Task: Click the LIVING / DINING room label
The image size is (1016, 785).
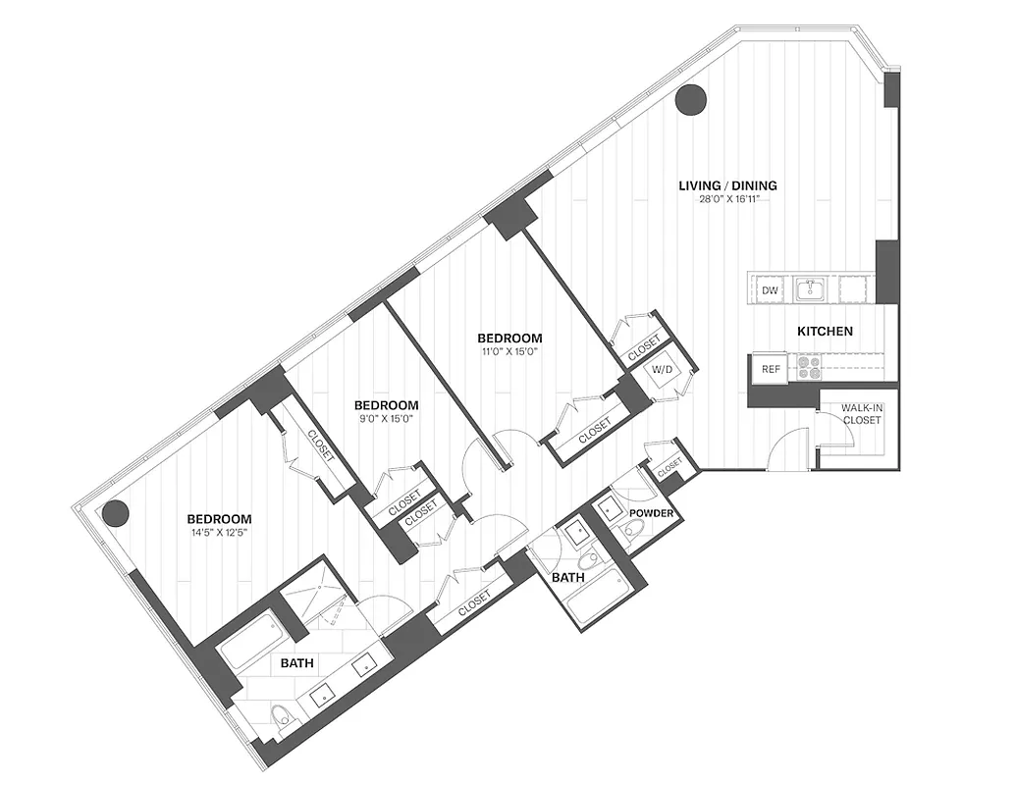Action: tap(728, 184)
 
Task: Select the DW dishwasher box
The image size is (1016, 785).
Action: tap(771, 290)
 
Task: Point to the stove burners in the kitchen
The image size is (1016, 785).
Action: tap(811, 367)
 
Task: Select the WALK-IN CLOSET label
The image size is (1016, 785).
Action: tap(861, 414)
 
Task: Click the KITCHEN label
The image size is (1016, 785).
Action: tap(825, 332)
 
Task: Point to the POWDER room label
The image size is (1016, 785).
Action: tap(651, 513)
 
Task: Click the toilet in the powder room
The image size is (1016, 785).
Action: tap(634, 531)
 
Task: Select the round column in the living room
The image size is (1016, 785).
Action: tap(692, 99)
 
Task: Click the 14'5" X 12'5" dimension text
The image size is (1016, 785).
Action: tap(220, 534)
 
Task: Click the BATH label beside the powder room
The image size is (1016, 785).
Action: tap(567, 578)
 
